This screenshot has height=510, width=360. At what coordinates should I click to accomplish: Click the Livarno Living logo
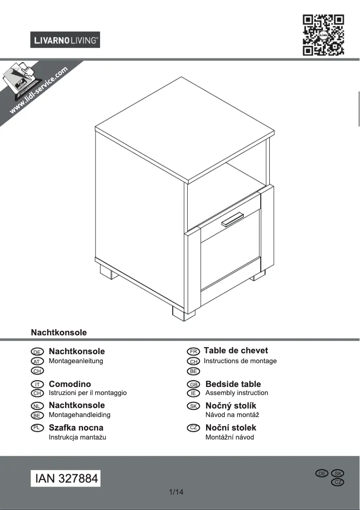[65, 40]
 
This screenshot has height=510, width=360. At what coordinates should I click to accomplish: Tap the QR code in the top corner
[323, 35]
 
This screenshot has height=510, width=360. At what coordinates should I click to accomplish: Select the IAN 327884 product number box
[66, 478]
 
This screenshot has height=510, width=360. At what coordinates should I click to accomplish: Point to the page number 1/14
[176, 492]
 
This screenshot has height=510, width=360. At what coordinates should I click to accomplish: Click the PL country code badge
[37, 427]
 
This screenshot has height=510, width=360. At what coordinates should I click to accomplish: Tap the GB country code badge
[193, 384]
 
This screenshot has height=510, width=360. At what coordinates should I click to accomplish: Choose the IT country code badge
[37, 384]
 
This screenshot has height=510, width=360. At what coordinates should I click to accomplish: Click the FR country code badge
[193, 351]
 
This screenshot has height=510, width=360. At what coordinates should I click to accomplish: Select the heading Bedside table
[233, 384]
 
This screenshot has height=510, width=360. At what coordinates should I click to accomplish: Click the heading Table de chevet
[236, 351]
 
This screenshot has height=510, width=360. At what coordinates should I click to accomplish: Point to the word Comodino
[70, 384]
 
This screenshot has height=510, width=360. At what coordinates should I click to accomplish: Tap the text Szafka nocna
[76, 427]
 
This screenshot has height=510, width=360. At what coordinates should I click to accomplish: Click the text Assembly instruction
[237, 393]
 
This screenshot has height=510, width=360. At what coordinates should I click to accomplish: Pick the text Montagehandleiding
[79, 415]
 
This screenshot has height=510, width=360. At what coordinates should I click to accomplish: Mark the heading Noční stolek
[231, 427]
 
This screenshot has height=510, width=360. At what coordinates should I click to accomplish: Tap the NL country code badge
[37, 406]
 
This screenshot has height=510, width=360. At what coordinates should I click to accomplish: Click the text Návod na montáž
[232, 415]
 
